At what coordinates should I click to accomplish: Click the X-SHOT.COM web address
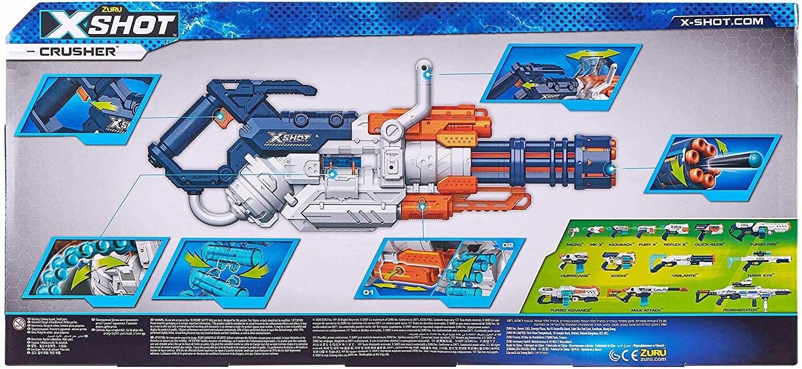tap(719, 22)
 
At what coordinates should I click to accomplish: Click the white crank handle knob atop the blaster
tap(425, 68)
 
